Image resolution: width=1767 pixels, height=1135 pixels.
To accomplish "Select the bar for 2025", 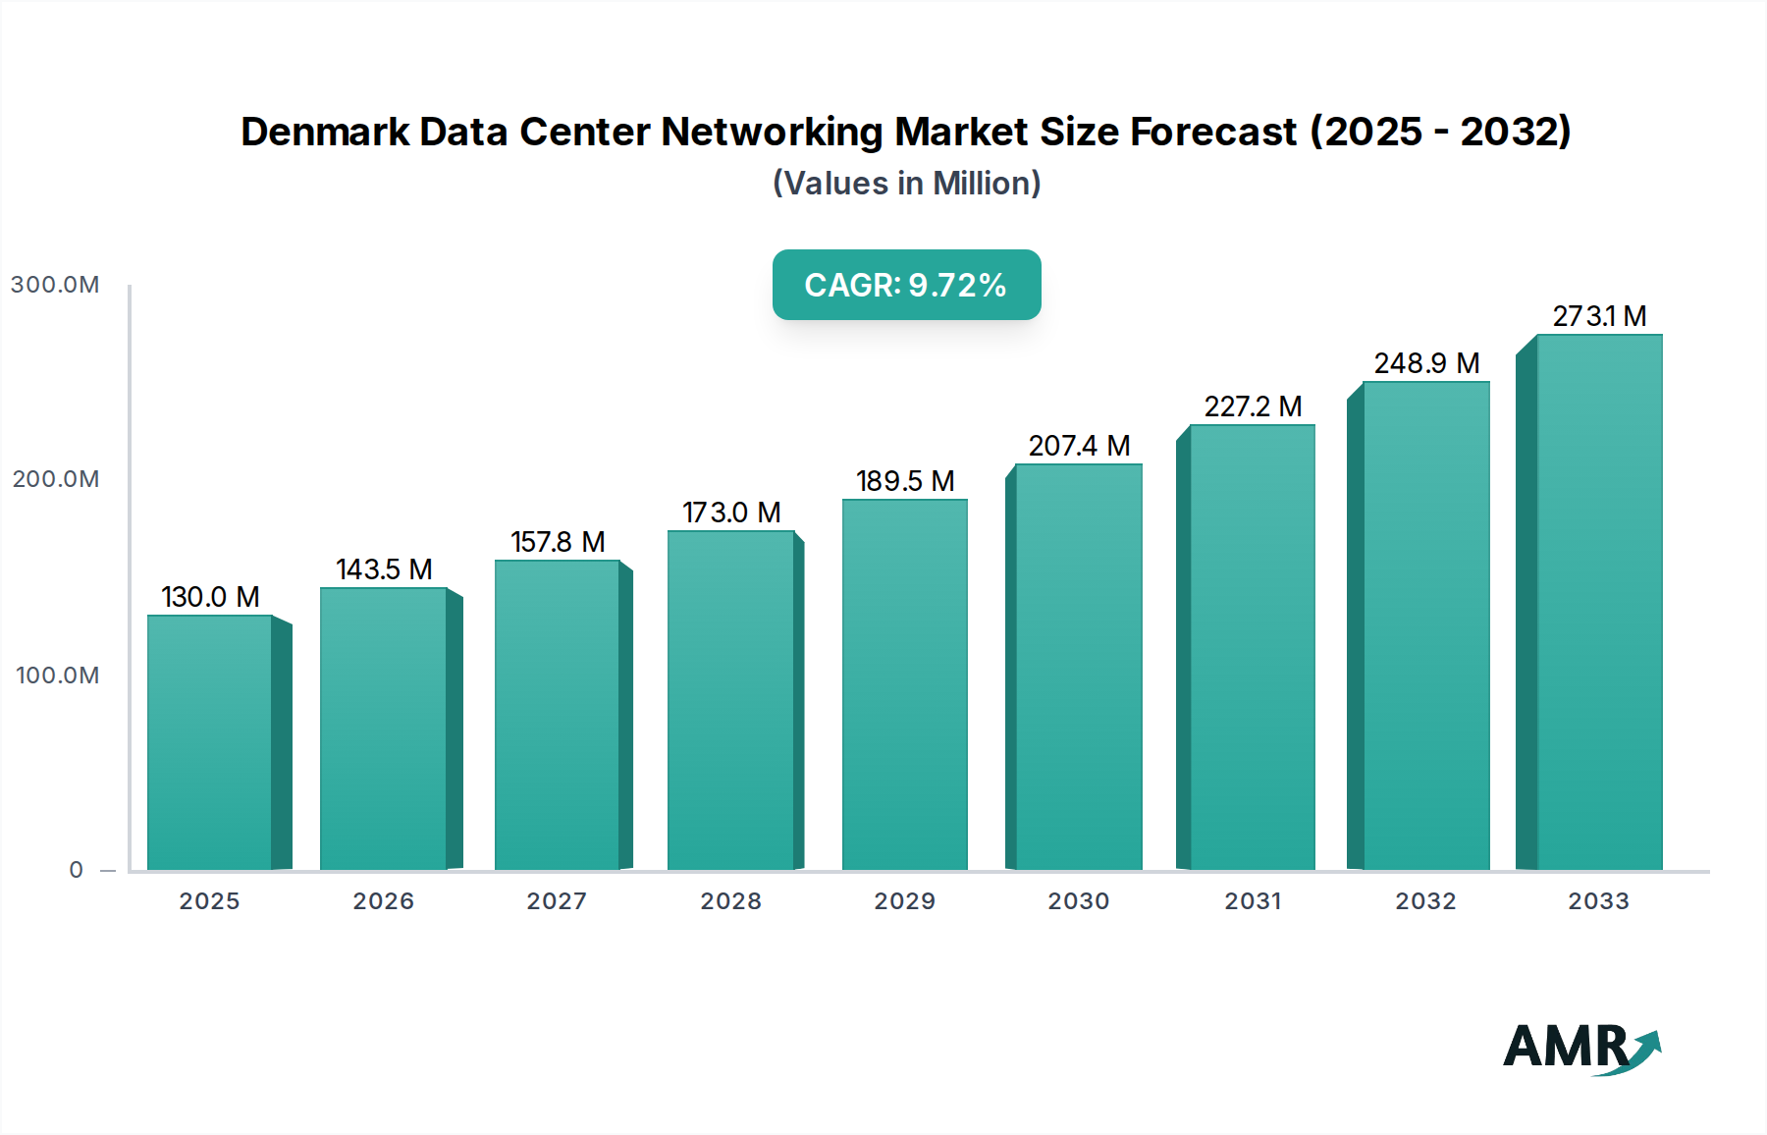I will tap(210, 742).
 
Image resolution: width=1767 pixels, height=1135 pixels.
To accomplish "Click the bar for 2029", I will tap(904, 684).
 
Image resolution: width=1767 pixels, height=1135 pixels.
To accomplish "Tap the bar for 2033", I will tap(1598, 602).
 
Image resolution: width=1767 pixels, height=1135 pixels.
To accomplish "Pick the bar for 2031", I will tap(1252, 647).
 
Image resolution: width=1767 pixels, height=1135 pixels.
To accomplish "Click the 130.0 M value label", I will tap(210, 597).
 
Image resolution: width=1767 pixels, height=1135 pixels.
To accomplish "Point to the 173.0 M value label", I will tap(731, 513).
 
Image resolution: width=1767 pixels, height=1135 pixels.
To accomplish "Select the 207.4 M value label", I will tap(1079, 446).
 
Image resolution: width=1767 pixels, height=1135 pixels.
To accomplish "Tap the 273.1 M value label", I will tap(1598, 316).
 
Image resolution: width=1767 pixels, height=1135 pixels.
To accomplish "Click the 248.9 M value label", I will tap(1426, 363).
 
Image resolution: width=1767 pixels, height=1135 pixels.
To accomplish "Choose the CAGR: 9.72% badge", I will tap(906, 285).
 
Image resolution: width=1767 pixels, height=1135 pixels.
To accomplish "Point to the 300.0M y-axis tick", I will tap(55, 285).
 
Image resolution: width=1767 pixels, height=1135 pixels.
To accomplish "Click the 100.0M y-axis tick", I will tap(57, 676).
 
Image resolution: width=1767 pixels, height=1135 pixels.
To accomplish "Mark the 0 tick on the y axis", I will tap(77, 870).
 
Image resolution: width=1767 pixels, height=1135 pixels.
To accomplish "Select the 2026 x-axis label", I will tap(383, 901).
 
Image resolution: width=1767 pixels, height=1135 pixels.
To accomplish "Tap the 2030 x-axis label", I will tap(1078, 901).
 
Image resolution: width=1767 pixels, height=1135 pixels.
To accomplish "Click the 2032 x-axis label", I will tap(1425, 901).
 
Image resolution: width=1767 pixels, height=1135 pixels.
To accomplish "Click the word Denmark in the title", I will tap(324, 132).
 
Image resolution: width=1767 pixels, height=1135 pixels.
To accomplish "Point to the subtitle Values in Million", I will tap(906, 184).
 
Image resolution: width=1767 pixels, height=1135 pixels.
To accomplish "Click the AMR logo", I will tap(1580, 1047).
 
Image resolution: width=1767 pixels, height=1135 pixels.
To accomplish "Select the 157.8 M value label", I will tap(558, 542).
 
